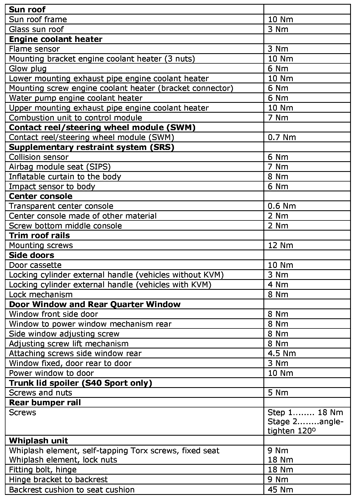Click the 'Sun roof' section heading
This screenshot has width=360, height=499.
[x=27, y=10]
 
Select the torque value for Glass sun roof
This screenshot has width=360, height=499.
[x=278, y=29]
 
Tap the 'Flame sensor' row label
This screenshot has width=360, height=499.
[x=34, y=49]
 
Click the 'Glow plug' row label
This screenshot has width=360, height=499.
[x=28, y=69]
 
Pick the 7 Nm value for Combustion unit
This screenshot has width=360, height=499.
[x=278, y=118]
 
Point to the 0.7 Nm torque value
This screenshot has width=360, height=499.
[x=282, y=137]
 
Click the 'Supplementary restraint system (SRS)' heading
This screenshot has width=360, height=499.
[x=91, y=147]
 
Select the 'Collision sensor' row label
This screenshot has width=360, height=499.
[x=39, y=157]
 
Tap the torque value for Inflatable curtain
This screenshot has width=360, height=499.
[x=278, y=177]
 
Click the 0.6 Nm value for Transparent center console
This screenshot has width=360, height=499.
[x=282, y=206]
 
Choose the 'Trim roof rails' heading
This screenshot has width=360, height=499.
[x=39, y=236]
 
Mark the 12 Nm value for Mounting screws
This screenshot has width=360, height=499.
[x=280, y=245]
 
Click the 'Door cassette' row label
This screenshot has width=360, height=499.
[x=35, y=265]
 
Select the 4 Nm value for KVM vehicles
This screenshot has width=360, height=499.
[x=278, y=285]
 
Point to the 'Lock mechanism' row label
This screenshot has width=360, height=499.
[x=41, y=294]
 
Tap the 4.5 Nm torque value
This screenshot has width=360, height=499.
[x=282, y=353]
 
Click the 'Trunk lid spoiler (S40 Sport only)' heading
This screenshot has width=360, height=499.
[x=80, y=383]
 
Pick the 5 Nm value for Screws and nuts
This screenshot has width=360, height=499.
[x=278, y=393]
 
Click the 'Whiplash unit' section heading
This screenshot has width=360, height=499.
[x=38, y=441]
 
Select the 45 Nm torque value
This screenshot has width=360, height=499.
[x=280, y=490]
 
